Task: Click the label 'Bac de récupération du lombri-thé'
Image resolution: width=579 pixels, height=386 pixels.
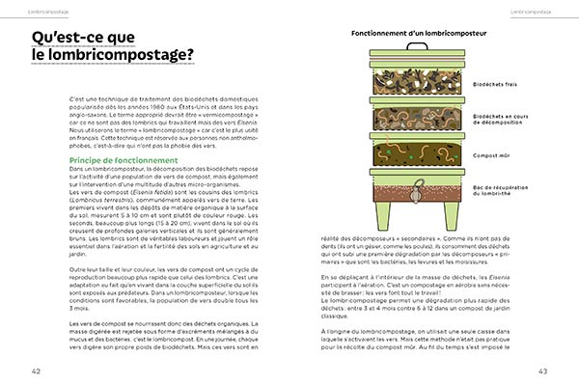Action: click(502, 193)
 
